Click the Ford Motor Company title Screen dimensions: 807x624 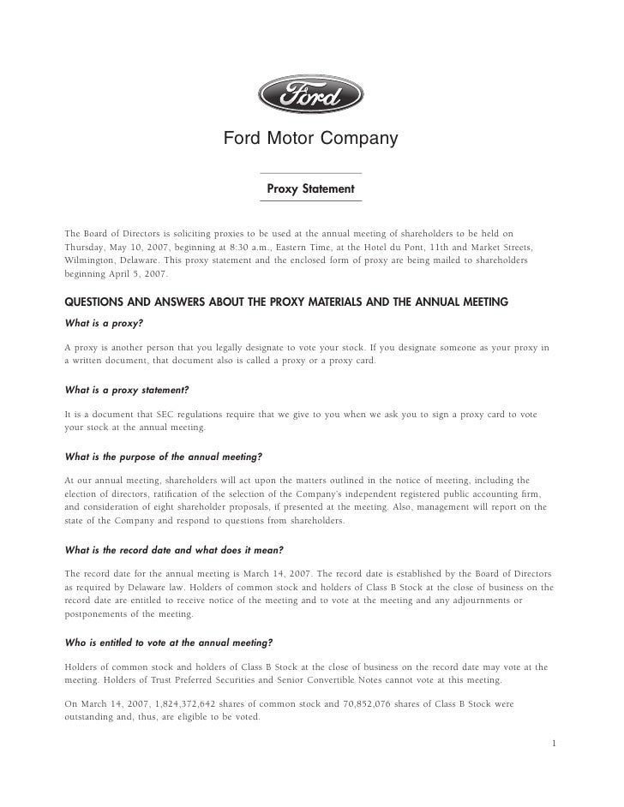311,138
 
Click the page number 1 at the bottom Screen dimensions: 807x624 555,743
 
